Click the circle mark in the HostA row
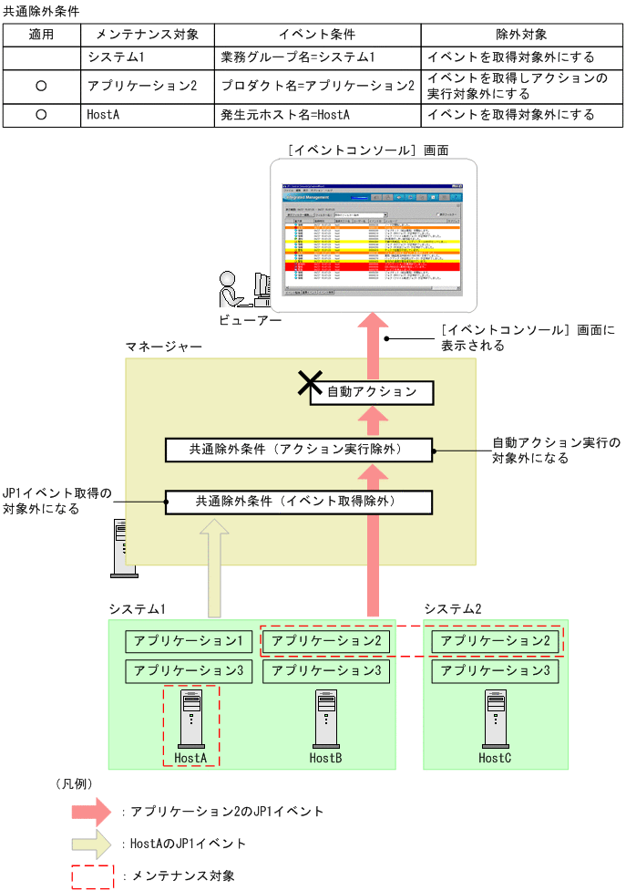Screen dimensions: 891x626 (x=41, y=116)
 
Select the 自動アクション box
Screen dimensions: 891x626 (x=372, y=392)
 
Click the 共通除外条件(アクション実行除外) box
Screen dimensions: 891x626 (x=296, y=450)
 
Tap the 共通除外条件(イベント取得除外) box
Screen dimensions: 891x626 (x=296, y=502)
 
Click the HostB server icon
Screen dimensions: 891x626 (x=325, y=719)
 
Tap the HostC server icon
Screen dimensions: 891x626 (x=495, y=719)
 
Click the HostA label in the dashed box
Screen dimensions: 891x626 (x=190, y=758)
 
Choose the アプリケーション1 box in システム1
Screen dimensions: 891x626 (x=189, y=641)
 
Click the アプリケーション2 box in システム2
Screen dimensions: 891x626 (x=495, y=641)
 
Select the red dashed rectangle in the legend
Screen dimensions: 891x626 (x=92, y=875)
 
